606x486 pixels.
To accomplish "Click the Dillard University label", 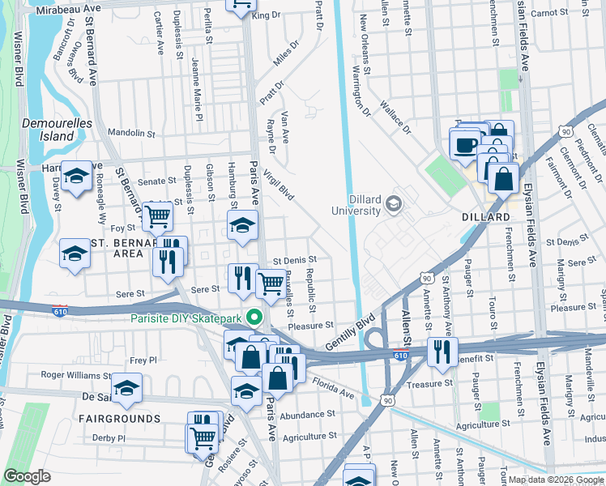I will point(356,204).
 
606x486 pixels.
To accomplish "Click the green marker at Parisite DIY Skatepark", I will point(254,318).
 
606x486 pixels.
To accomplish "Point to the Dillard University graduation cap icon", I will point(395,202).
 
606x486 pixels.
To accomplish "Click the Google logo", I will point(28,476).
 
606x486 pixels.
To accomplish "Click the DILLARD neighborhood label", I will point(486,218).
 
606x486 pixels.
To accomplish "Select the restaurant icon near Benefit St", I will point(442,352).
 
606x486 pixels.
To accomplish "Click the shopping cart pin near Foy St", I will point(157,215).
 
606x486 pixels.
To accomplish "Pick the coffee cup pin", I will point(465,145).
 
